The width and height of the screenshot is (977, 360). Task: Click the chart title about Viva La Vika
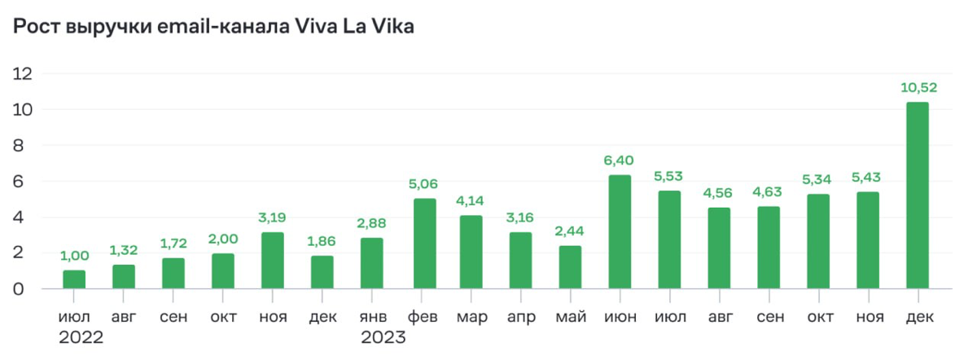[x=213, y=27]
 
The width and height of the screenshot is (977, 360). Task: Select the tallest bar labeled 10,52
[x=917, y=195]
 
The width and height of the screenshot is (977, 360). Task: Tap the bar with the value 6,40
[x=620, y=232]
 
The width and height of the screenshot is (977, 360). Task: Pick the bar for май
[x=570, y=267]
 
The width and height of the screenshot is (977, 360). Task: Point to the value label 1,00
[x=75, y=257]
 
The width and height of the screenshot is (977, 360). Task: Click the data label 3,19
[x=273, y=217]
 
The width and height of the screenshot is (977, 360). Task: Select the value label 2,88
[x=372, y=223]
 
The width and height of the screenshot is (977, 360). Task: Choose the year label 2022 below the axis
[x=81, y=337]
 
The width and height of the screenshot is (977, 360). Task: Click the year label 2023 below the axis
[x=383, y=337]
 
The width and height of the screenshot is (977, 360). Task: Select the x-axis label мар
[x=472, y=317]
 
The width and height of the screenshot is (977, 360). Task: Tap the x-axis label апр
[x=521, y=317]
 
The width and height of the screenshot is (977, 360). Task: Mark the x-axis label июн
[x=620, y=317]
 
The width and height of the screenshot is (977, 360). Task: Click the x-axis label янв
[x=372, y=317]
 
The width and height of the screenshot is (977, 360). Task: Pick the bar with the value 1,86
[x=322, y=272]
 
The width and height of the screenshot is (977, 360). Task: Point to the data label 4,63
[x=768, y=192]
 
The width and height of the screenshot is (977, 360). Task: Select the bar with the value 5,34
[x=818, y=241]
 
